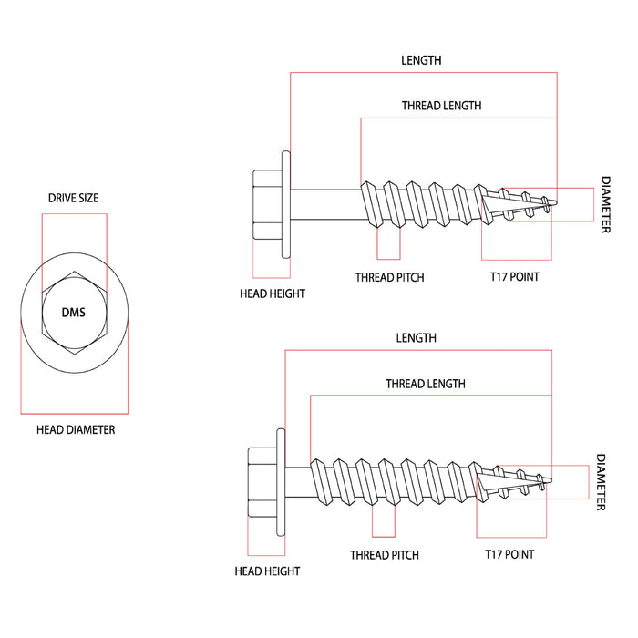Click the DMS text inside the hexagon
73,312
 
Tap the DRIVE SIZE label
73,198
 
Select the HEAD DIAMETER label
76,429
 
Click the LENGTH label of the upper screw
421,60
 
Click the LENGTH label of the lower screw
416,338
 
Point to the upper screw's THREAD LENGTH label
441,106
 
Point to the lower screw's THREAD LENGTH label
425,384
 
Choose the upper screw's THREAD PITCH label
389,277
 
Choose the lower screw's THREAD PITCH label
384,554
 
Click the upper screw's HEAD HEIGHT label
272,293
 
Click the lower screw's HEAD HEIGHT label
267,571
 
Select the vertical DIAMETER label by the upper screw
605,205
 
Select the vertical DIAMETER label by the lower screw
601,482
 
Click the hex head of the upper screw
265,203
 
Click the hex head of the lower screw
261,481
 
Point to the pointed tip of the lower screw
551,480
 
